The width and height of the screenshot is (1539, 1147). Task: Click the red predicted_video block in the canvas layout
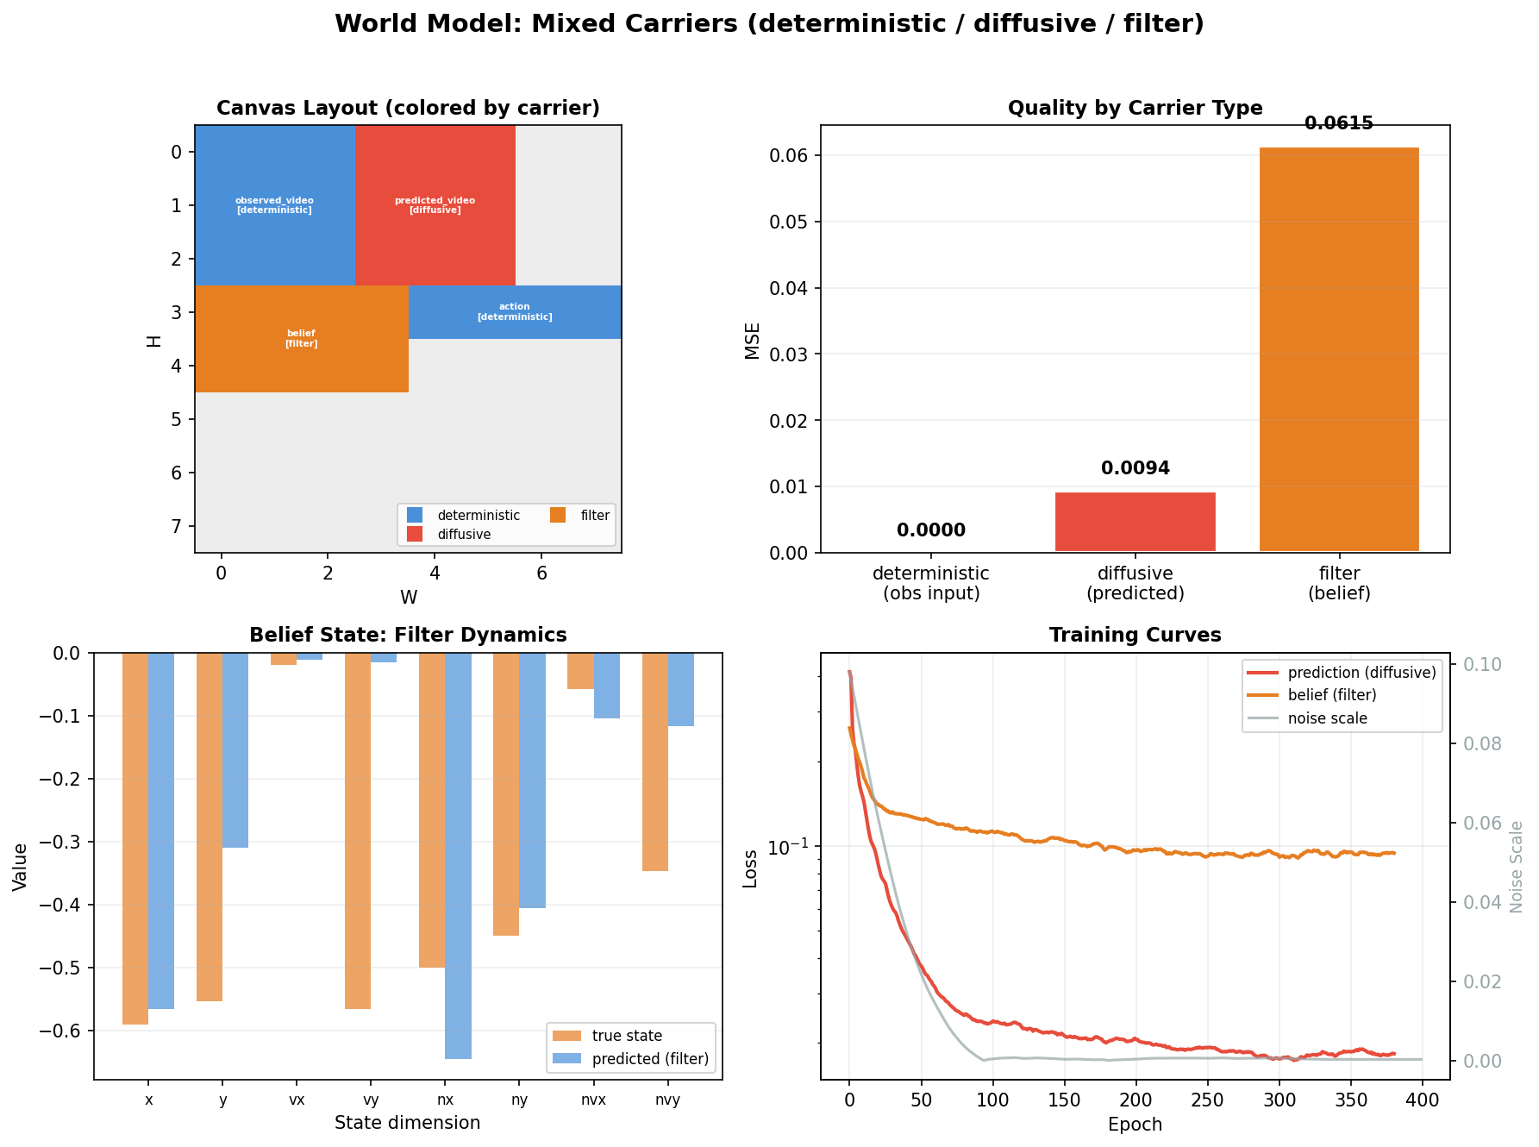tap(435, 205)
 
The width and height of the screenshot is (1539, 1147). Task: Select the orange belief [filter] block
tap(301, 339)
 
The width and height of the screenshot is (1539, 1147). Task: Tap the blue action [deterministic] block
tap(515, 312)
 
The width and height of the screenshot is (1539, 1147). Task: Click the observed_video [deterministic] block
tap(274, 205)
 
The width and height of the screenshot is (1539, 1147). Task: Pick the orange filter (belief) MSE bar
tap(1339, 349)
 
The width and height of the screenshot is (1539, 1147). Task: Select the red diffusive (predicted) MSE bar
tap(1135, 522)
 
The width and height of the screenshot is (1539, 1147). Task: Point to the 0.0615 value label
tap(1339, 123)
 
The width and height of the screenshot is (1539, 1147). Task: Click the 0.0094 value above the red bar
tap(1135, 468)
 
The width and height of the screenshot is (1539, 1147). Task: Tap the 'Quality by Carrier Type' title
tap(1135, 108)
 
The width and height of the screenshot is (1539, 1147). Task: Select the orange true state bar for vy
tap(358, 830)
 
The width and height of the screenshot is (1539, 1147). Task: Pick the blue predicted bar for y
tap(235, 750)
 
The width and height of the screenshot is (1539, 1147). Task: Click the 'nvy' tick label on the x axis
tap(667, 1100)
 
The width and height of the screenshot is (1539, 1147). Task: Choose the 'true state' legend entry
tap(627, 1036)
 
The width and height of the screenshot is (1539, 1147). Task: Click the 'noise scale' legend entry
tap(1327, 718)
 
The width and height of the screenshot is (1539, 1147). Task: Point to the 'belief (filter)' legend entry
tap(1331, 695)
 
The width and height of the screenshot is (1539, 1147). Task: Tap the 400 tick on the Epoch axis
tap(1422, 1100)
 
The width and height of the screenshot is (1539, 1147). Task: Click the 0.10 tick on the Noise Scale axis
tap(1482, 664)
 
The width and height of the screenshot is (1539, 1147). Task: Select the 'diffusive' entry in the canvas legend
tap(464, 535)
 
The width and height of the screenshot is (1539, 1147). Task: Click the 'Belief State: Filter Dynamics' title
tap(408, 636)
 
